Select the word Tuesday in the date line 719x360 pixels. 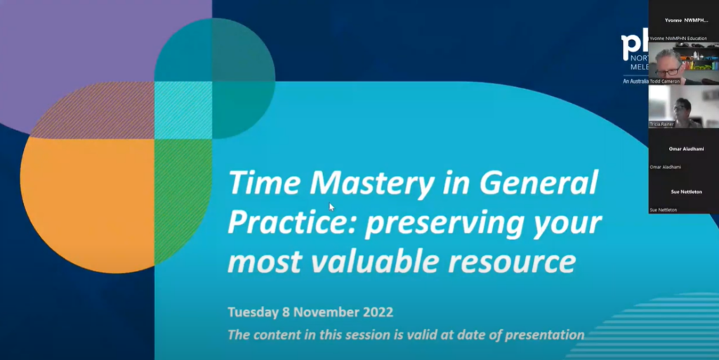click(253, 311)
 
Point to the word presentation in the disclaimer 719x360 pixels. click(542, 335)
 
